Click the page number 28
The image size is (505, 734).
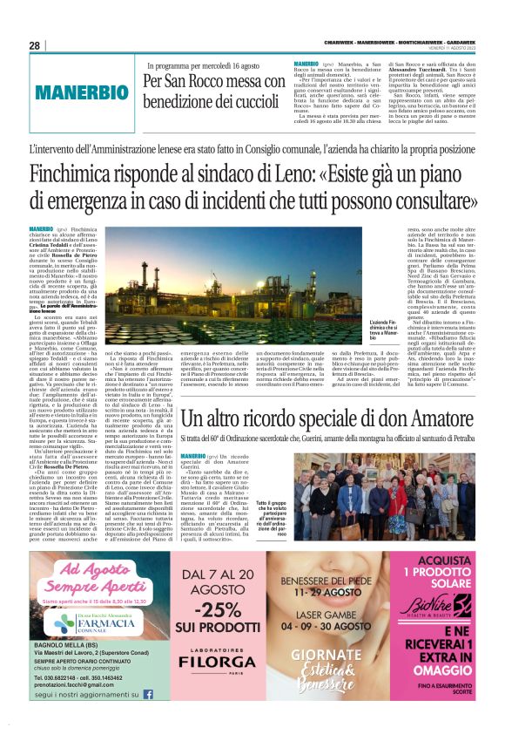click(35, 46)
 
